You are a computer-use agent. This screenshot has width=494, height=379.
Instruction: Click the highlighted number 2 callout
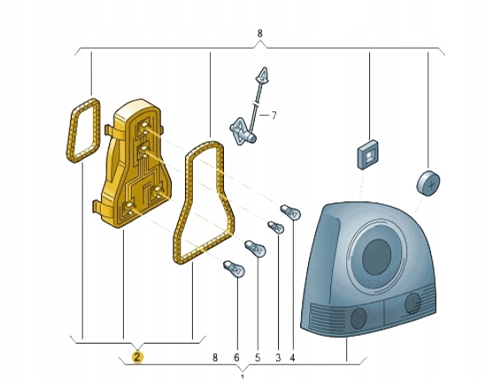[137, 357]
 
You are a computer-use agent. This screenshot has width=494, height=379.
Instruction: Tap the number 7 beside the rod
[274, 116]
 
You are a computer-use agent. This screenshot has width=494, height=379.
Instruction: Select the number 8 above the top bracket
[259, 34]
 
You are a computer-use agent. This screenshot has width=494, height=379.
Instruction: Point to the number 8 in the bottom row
[215, 357]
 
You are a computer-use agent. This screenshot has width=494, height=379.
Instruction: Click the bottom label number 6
[236, 357]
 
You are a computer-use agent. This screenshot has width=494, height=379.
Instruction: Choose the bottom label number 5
[258, 357]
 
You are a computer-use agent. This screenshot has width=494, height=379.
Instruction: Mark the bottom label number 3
[278, 357]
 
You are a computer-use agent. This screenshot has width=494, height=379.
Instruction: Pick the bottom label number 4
[292, 357]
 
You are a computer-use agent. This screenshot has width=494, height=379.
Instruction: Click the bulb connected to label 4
[290, 212]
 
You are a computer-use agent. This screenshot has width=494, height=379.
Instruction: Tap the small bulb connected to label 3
[276, 227]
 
